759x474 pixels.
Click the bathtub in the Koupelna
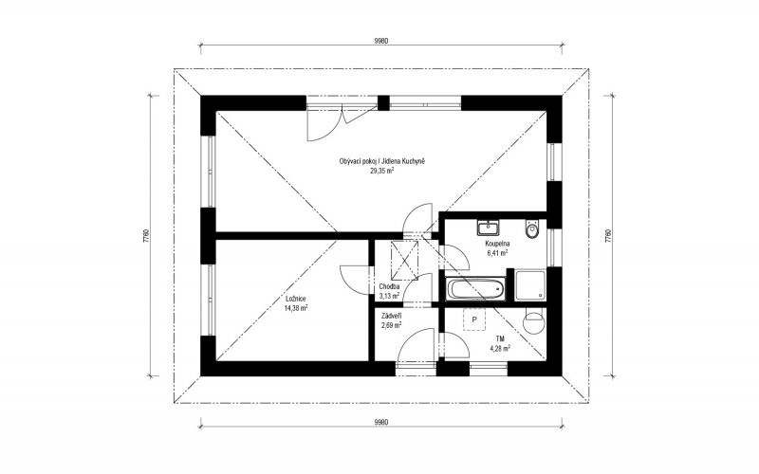tap(477, 289)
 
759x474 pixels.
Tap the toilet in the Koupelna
tap(532, 229)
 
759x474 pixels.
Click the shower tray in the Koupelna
tap(530, 285)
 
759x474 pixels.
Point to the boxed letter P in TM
tap(474, 319)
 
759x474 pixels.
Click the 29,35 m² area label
tap(382, 171)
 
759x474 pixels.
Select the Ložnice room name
tap(295, 299)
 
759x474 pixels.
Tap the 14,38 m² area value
tap(296, 307)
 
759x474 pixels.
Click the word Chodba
tap(389, 286)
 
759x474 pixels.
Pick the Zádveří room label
tap(392, 317)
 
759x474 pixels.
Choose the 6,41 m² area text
tap(497, 252)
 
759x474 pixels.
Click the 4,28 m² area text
tap(500, 348)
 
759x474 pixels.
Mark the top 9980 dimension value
tap(381, 41)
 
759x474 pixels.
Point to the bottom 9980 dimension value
tap(381, 422)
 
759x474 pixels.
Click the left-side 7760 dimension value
tap(146, 235)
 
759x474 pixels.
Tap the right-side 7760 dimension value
tap(607, 235)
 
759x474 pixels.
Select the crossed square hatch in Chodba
tap(405, 260)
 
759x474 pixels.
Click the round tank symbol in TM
tap(534, 322)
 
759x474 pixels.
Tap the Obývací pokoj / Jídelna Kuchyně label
tap(382, 161)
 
